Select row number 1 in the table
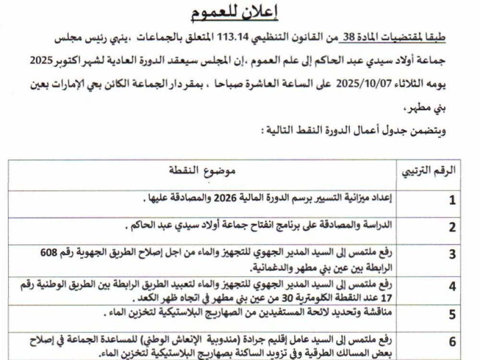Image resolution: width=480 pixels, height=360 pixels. [x=452, y=201]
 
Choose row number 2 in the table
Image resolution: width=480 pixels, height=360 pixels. [x=452, y=228]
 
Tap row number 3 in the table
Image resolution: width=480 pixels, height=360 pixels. [x=452, y=255]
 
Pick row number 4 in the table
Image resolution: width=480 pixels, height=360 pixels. [x=452, y=287]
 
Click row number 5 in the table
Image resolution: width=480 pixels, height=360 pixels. [x=452, y=315]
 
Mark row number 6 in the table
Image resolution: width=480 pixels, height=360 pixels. [x=452, y=343]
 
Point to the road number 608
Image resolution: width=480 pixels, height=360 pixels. [x=50, y=252]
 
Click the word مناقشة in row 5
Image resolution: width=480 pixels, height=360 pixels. [x=377, y=314]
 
